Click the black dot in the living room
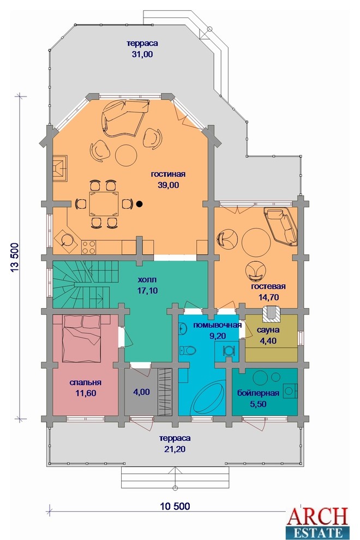139,204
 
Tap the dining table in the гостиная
104,204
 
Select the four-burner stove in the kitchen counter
88,247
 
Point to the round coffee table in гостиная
126,155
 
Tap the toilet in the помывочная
188,351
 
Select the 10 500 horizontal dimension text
175,506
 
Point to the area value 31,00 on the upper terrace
142,54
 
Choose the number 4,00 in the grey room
142,392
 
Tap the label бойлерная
258,393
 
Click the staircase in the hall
85,285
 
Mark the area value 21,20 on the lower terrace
175,449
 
